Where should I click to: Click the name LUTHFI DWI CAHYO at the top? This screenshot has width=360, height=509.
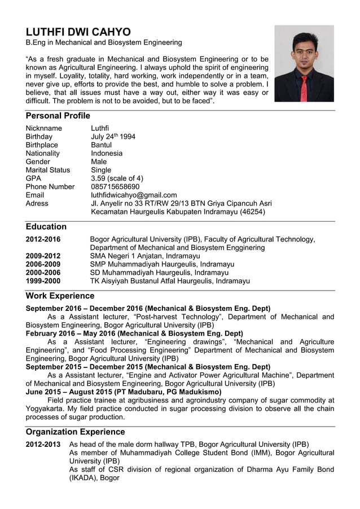78,32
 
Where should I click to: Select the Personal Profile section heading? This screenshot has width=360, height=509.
58,116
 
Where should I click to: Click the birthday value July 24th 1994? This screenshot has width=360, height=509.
113,137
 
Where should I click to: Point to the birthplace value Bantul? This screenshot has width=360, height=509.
102,145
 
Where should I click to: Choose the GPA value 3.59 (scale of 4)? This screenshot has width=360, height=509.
117,178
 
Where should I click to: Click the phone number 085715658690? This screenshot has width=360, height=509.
115,187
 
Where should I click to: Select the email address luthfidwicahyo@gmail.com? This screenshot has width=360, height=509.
134,195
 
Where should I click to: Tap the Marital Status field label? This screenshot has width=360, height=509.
48,170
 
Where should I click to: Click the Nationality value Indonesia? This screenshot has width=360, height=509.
107,153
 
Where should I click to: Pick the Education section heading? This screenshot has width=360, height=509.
46,226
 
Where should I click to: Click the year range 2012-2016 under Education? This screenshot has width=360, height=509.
43,239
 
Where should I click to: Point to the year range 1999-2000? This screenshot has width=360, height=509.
43,280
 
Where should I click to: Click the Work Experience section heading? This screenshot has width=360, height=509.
60,296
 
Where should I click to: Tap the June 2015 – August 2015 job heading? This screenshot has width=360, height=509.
124,392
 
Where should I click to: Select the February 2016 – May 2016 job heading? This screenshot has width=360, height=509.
134,333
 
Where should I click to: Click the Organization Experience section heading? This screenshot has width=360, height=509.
75,432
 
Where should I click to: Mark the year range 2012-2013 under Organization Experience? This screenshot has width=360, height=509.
43,444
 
